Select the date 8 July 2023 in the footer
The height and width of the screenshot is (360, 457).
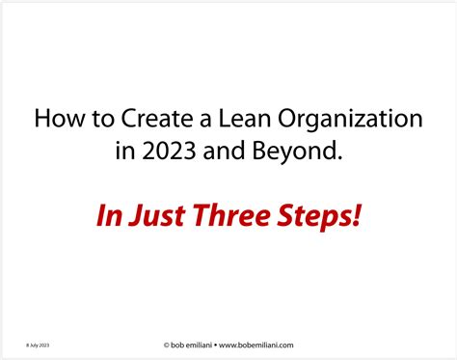coord(38,344)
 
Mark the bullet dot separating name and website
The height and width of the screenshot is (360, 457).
coord(218,344)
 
